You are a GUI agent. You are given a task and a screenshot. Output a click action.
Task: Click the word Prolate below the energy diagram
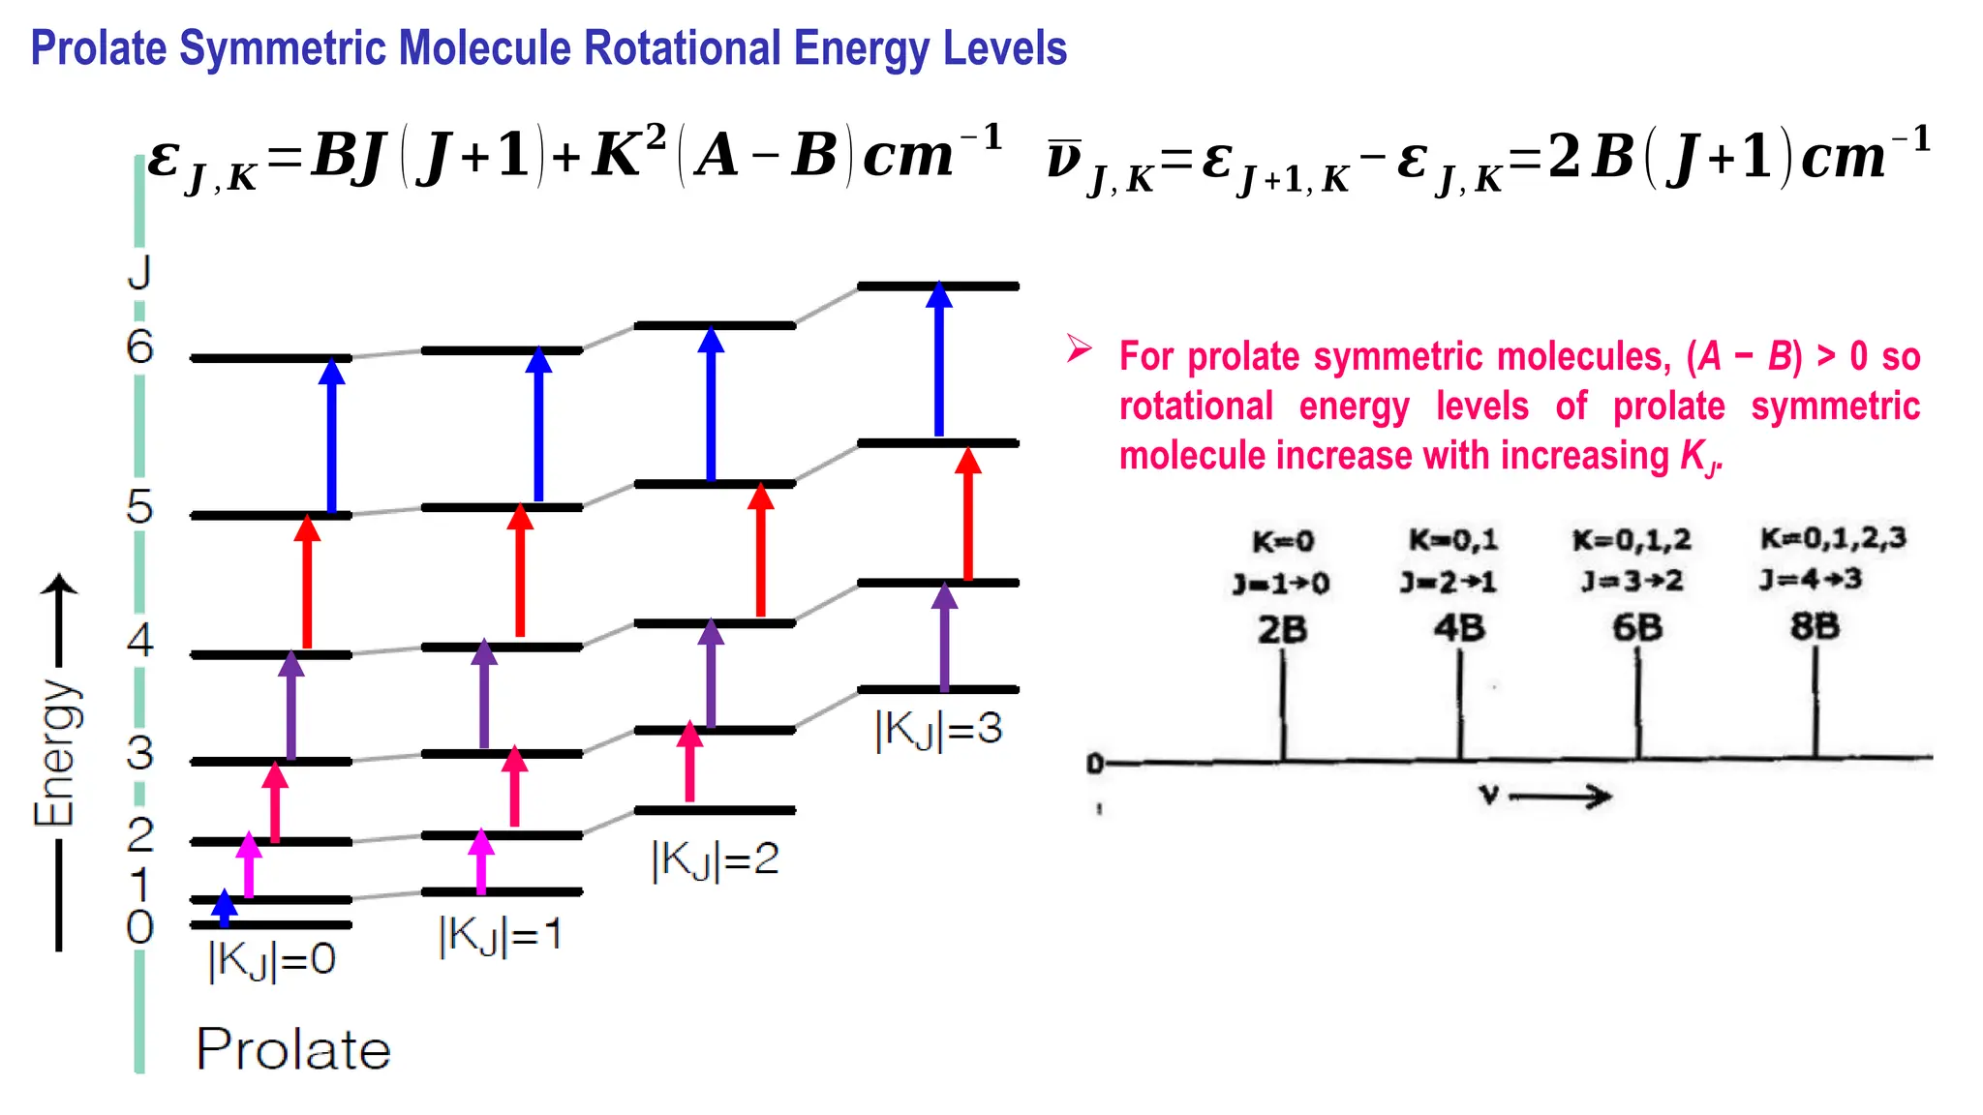(x=293, y=1049)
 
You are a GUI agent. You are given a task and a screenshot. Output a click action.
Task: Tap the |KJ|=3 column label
(x=938, y=729)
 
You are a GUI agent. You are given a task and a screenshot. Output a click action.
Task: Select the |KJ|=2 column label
(x=715, y=859)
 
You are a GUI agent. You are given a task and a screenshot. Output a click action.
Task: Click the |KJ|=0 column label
(x=272, y=961)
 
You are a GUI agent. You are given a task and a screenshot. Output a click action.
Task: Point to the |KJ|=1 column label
(x=500, y=936)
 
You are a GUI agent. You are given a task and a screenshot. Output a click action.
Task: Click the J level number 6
(x=139, y=347)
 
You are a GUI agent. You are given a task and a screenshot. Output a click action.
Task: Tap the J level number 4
(x=139, y=640)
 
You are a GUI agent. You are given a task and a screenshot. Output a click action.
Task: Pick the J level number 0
(x=139, y=927)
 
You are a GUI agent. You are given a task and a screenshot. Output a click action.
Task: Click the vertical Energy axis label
(x=54, y=753)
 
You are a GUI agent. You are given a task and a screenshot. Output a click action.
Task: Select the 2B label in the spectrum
(x=1282, y=630)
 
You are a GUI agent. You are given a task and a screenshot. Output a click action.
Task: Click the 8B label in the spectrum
(x=1815, y=626)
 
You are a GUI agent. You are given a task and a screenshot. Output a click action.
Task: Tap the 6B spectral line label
(x=1637, y=628)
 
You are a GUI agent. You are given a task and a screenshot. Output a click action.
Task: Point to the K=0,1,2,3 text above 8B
(x=1833, y=538)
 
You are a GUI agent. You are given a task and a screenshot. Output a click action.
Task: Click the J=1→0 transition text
(x=1281, y=584)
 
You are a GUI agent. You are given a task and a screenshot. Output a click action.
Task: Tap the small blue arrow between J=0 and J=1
(x=225, y=908)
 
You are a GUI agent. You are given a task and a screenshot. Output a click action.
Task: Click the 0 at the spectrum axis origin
(x=1094, y=764)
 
